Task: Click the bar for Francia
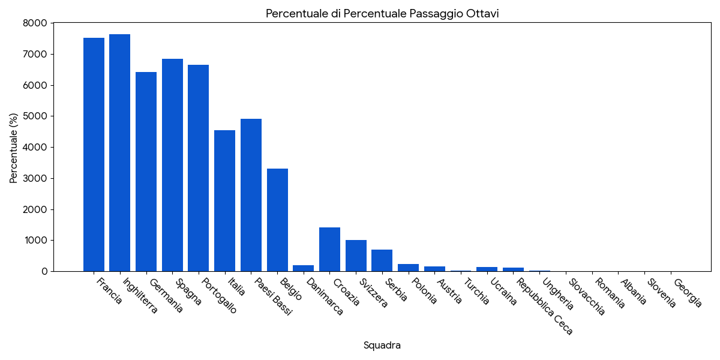[94, 155]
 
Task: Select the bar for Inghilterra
[120, 153]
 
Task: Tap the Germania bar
[146, 172]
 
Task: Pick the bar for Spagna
[172, 165]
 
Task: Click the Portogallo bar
[199, 168]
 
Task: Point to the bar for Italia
[224, 201]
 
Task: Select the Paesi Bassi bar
[251, 195]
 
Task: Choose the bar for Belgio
[277, 220]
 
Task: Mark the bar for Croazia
[329, 250]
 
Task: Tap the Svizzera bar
[356, 256]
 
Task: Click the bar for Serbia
[382, 260]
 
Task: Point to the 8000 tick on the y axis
[35, 23]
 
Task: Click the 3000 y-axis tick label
[35, 178]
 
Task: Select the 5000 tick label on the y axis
[35, 116]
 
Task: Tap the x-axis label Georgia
[688, 293]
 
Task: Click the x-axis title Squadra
[382, 346]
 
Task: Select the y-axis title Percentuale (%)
[14, 148]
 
